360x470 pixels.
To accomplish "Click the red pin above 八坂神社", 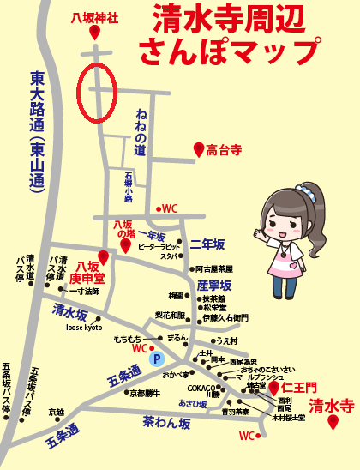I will point(93,32).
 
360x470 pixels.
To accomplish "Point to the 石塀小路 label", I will point(128,189).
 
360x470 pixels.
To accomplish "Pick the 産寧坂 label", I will point(214,285).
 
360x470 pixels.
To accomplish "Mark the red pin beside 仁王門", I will point(274,388).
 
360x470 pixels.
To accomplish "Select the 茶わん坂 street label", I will point(167,422).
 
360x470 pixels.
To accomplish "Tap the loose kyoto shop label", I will point(84,328).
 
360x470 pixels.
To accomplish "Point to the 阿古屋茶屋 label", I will point(215,268).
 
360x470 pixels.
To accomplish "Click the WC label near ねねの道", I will point(169,208).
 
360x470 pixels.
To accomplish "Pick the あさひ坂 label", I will point(193,403).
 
